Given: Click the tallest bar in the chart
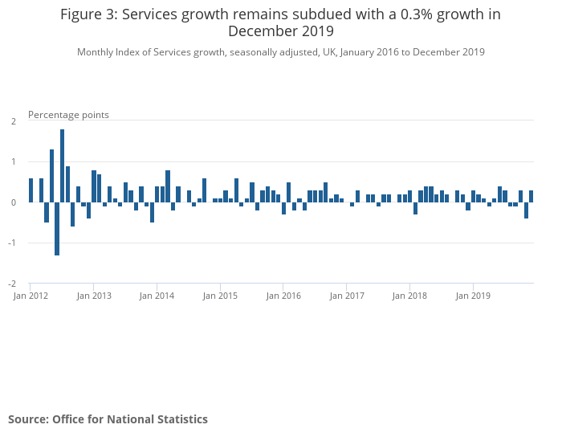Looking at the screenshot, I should [62, 165].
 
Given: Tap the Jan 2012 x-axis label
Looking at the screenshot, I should [30, 296].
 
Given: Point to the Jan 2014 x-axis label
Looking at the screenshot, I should [157, 296].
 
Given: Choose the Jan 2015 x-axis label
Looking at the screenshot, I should [220, 296].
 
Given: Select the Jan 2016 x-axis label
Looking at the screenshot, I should [283, 296].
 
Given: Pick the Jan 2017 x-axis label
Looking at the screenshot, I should [346, 296].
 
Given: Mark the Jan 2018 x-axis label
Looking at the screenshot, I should [409, 296].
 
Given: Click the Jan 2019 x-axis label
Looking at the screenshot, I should [473, 296].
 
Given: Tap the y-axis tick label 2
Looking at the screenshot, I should [14, 121].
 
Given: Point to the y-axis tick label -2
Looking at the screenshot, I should [12, 284].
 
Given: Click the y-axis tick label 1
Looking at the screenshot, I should [14, 161].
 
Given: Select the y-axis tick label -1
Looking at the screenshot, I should [12, 243].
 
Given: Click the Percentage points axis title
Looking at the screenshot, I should [68, 115].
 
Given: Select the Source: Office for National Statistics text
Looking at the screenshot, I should [108, 419].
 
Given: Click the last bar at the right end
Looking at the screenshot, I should [531, 196].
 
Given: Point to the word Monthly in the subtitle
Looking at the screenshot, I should [97, 52].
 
